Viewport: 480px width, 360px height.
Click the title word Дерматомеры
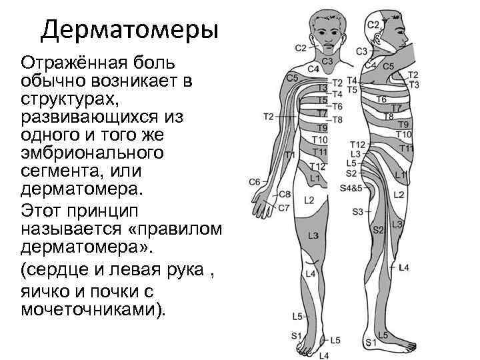pos(129,30)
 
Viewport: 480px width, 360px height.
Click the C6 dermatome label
pos(255,181)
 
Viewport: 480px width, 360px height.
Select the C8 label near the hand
pos(285,194)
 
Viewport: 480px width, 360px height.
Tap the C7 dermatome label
pos(283,208)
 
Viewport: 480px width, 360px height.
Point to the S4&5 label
pos(351,189)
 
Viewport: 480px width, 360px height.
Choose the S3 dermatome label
pos(358,211)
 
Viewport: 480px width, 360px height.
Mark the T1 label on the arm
pos(289,155)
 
